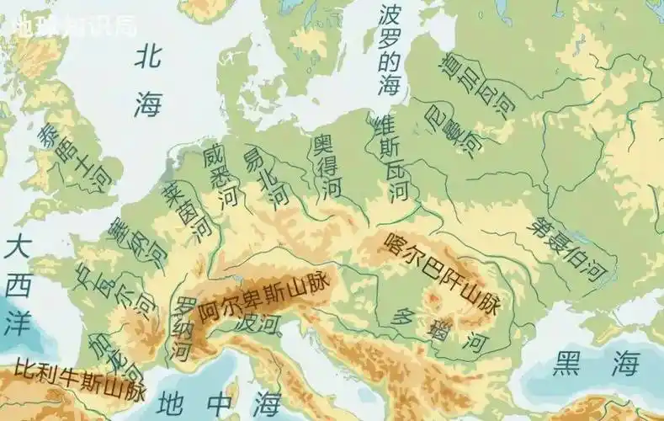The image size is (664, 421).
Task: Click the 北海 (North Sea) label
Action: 149,81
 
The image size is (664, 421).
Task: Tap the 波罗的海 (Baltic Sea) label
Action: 389,51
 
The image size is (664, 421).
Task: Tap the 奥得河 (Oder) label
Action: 327,166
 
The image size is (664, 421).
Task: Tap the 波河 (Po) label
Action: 257,323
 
